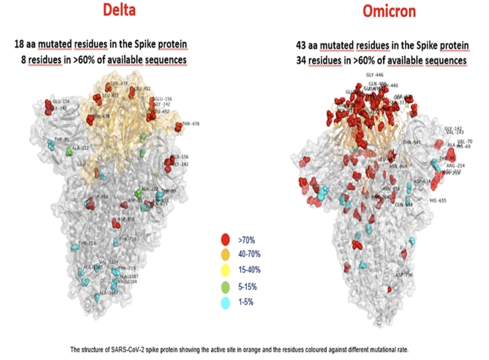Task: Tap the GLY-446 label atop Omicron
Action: click(374, 76)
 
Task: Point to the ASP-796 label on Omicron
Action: click(404, 275)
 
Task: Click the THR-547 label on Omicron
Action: click(412, 143)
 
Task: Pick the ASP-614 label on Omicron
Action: click(422, 181)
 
